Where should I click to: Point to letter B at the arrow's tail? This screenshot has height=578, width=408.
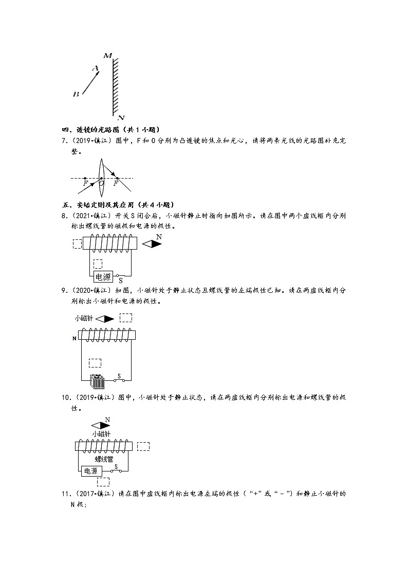[x=76, y=94]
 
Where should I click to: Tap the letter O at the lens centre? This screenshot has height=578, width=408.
[x=101, y=183]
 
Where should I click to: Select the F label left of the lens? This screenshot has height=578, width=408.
[x=85, y=183]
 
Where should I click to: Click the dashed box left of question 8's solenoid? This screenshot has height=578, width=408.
[x=78, y=244]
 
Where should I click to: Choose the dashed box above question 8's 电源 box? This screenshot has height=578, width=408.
[x=99, y=264]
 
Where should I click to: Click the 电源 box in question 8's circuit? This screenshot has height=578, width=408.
[x=103, y=277]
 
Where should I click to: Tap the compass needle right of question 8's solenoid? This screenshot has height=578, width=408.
[x=152, y=244]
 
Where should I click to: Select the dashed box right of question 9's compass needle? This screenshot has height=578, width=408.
[x=126, y=318]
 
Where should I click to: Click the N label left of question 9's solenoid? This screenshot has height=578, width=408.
[x=75, y=338]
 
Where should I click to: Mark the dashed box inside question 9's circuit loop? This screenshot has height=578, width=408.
[x=95, y=362]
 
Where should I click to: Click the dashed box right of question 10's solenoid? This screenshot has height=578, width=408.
[x=143, y=446]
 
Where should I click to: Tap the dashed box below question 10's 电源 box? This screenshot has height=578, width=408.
[x=103, y=482]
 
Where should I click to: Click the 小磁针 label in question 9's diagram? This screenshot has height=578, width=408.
[x=84, y=319]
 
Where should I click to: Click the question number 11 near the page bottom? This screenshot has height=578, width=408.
[x=65, y=494]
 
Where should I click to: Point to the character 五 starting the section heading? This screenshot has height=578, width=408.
[x=65, y=204]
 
